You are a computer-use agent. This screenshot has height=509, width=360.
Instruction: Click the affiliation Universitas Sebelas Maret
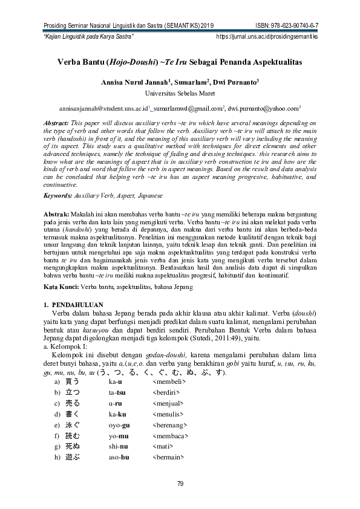click(180, 93)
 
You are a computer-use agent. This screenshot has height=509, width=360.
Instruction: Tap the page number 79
click(180, 483)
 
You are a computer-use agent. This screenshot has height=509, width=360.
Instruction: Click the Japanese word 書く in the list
click(72, 414)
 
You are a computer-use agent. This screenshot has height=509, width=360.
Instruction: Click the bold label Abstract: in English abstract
click(59, 123)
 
